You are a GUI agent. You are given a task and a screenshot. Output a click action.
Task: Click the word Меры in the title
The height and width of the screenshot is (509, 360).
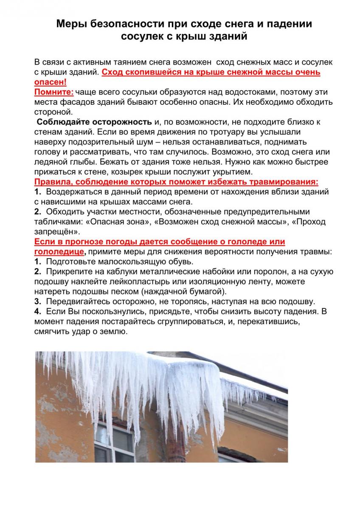click(x=71, y=25)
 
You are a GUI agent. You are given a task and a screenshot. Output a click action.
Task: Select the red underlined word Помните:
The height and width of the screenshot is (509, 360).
click(x=54, y=92)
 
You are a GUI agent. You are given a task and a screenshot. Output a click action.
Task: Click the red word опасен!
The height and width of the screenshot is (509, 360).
click(x=50, y=82)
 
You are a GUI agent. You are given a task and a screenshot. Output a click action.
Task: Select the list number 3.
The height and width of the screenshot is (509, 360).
click(x=37, y=302)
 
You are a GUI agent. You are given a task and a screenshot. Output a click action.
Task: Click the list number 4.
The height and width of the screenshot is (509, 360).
click(x=37, y=312)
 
